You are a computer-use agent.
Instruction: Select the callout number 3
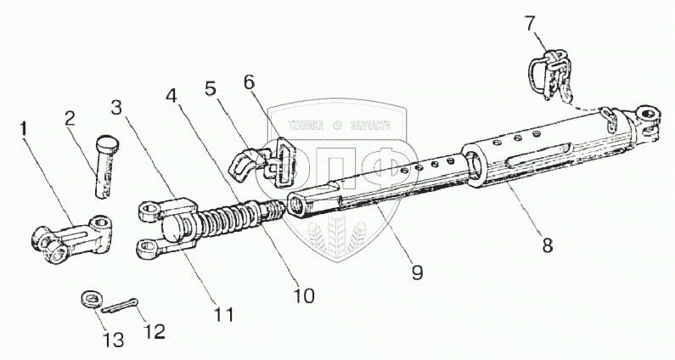coord(117,107)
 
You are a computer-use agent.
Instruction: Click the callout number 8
coord(548,245)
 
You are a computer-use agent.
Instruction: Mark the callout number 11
coord(223,313)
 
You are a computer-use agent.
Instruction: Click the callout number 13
coord(114,340)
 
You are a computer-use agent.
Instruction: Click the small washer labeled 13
coord(90,299)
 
